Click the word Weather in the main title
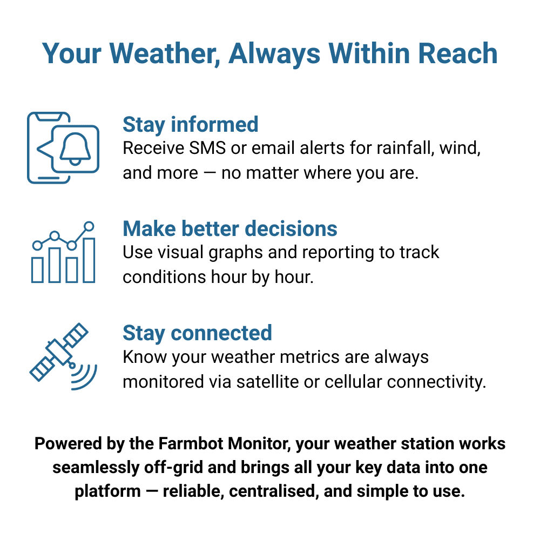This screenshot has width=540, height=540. coord(165,53)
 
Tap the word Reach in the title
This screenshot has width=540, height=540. coord(458,53)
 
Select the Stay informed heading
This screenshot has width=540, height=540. coord(191,125)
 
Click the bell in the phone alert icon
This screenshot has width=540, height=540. coord(75,149)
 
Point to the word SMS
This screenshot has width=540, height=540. coord(207,148)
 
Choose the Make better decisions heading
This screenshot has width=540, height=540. coord(230,229)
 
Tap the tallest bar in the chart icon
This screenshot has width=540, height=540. coord(89,260)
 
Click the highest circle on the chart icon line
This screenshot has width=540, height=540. coord(89,226)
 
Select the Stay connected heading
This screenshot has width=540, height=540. coord(197,333)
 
